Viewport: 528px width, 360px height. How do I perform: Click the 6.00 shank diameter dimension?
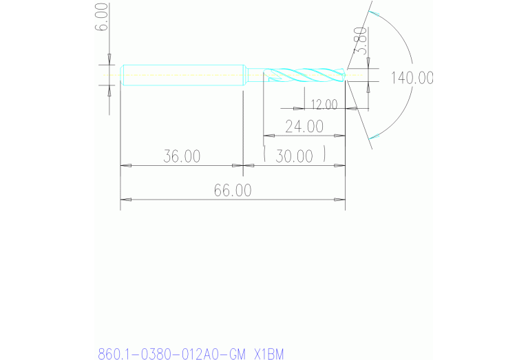(102, 17)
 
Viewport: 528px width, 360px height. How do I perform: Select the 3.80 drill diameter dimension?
(359, 43)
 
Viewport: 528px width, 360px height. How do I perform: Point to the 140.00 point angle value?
(412, 78)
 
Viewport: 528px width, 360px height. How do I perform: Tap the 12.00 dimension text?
(324, 105)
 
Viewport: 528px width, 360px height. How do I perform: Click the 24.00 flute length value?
(304, 127)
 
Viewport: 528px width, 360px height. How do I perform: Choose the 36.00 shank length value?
(182, 156)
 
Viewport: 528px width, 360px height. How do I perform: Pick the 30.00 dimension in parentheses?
(294, 156)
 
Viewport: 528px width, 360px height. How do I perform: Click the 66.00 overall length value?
(232, 191)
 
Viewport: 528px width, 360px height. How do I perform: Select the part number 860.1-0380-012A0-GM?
(171, 354)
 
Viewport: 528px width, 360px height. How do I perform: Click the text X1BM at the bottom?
(268, 354)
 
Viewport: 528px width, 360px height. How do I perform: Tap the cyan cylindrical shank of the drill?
(183, 75)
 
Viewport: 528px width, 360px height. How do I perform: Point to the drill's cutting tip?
(345, 75)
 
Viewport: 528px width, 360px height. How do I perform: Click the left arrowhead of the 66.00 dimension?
(125, 200)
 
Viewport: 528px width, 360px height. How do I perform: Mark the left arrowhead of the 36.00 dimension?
(125, 165)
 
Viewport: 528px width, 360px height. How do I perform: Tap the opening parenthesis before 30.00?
(266, 155)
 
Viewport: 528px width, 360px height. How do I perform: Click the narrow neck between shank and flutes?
(255, 74)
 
